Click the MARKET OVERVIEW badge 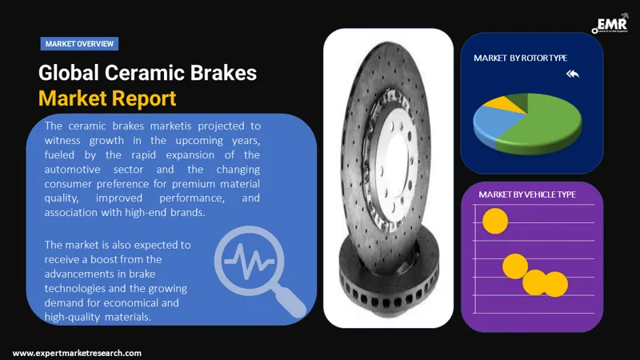(78, 43)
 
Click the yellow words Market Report (106, 98)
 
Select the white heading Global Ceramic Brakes (147, 73)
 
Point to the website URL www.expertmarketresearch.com (77, 353)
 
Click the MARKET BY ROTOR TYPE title (519, 58)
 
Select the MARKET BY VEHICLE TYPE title (526, 194)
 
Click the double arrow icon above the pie (571, 74)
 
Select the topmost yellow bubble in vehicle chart (495, 222)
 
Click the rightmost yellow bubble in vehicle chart (554, 283)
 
